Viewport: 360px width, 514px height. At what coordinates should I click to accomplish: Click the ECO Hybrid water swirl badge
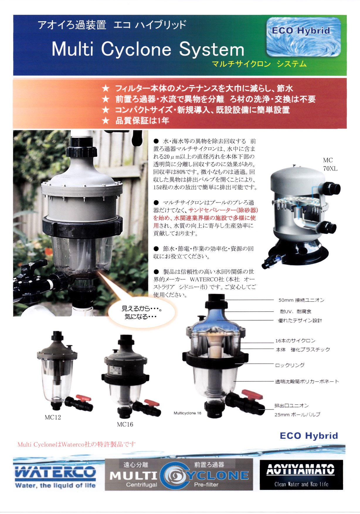pos(303,37)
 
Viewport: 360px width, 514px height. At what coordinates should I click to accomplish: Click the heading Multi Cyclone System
pos(148,49)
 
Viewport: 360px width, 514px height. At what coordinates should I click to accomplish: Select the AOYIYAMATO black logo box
pos(301,474)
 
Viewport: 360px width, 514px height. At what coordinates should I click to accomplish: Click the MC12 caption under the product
pos(53,417)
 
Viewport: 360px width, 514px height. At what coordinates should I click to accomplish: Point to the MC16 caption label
pos(125,424)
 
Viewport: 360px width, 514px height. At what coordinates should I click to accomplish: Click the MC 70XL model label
pos(330,164)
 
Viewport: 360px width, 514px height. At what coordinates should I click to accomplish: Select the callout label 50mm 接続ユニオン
pos(301,300)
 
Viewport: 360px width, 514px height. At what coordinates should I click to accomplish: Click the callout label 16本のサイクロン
pos(295,341)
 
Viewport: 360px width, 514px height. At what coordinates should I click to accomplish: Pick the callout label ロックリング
pos(290,365)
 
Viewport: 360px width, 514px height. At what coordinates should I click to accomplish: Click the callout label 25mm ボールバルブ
pos(297,414)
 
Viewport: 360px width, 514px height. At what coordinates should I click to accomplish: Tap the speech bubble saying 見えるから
pos(142,312)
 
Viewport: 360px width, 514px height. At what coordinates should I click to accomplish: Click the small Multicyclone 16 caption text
pos(187,413)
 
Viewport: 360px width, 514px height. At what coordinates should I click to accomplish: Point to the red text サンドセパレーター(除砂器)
pos(223,210)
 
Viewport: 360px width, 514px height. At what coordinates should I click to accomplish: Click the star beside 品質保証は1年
pos(106,121)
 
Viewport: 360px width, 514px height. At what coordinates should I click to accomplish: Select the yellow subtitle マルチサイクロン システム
pos(259,64)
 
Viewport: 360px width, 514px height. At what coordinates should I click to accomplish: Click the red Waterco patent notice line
pos(77,444)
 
